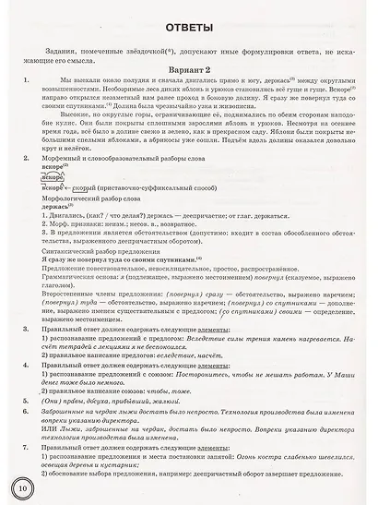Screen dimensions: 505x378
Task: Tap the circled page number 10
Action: [x=21, y=487]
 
